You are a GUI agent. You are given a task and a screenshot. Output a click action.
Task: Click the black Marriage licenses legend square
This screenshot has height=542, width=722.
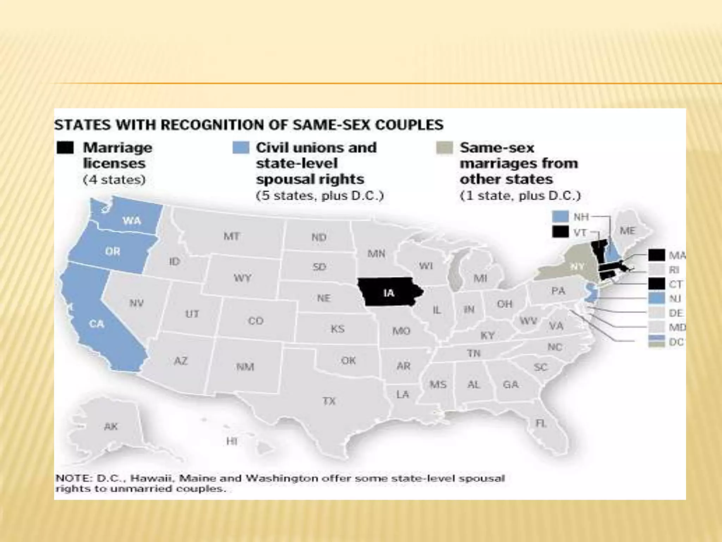[x=65, y=148]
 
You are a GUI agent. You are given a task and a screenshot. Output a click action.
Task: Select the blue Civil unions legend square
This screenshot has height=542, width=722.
[x=241, y=147]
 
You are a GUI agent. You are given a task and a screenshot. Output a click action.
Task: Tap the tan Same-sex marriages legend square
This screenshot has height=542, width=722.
[x=444, y=148]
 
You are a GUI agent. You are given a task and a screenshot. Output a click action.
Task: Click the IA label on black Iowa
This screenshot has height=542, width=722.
[x=388, y=293]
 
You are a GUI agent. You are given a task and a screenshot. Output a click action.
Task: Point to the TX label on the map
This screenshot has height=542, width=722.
[x=329, y=401]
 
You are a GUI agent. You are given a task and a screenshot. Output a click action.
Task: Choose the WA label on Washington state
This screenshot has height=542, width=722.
[x=132, y=221]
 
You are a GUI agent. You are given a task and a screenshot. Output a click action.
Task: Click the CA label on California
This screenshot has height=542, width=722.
[x=96, y=324]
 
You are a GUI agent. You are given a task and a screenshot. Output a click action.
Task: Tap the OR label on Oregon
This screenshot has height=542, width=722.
[x=112, y=251]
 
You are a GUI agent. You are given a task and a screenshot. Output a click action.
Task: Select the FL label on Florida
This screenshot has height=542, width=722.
[x=541, y=423]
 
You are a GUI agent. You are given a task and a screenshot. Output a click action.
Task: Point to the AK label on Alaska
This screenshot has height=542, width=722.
[x=111, y=426]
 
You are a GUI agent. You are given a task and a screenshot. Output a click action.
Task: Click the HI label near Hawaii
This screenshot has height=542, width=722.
[x=232, y=441]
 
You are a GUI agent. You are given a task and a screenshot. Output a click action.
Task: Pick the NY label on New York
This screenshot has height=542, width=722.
[x=577, y=267]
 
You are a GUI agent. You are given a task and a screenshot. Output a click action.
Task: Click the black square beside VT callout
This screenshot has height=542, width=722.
[x=560, y=232]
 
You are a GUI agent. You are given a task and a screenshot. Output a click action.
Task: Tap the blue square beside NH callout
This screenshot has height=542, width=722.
[x=560, y=216]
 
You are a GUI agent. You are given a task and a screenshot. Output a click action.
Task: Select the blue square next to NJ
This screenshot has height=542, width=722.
[x=656, y=299]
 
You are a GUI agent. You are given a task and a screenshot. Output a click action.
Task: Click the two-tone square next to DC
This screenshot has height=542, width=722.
[x=656, y=342]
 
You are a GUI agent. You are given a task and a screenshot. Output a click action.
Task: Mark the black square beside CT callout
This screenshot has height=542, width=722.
[x=656, y=284]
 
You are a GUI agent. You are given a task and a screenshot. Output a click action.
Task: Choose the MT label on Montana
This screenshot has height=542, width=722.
[x=232, y=236]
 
